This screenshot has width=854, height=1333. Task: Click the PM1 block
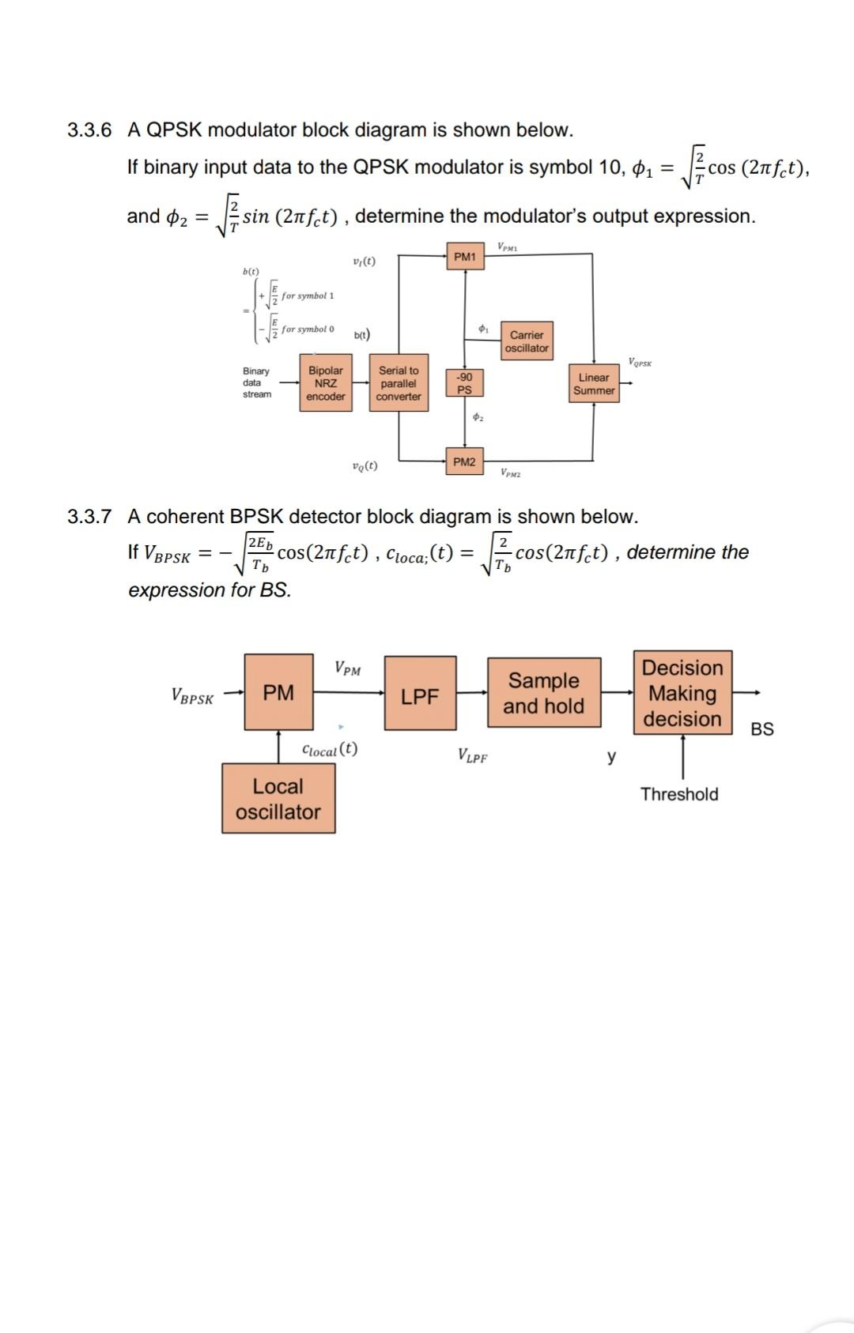pos(465,257)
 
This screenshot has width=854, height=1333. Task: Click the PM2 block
pos(464,461)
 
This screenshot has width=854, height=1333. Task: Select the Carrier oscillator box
pos(527,341)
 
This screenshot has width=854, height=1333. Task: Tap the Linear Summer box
pos(594,384)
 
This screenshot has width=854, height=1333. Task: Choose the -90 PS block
pos(464,383)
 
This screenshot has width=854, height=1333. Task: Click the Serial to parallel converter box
pos(399,383)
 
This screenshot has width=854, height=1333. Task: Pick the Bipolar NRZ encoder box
pos(326,383)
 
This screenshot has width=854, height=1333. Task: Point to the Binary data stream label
pos(256,382)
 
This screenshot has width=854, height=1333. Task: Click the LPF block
pos(420,693)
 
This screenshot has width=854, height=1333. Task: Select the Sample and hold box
pos(543,693)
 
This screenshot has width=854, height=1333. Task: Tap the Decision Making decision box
pos(682,693)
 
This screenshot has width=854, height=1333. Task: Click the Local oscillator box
pos(278,799)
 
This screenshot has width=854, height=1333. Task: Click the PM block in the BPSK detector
pos(278,692)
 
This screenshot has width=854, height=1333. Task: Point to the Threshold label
pos(679,794)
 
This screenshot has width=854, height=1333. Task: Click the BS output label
pos(761,729)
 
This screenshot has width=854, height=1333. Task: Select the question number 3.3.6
pos(89,130)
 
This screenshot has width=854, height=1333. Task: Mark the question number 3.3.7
pos(89,517)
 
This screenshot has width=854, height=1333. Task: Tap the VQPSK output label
pos(640,363)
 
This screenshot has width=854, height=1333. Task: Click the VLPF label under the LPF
pos(472,756)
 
